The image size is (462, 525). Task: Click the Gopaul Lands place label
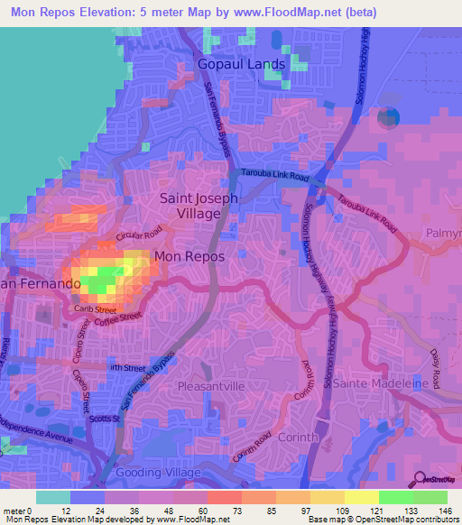click(x=242, y=64)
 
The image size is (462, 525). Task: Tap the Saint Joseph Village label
click(x=199, y=206)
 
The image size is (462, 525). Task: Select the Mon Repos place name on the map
click(x=189, y=256)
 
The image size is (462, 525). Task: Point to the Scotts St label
click(x=106, y=418)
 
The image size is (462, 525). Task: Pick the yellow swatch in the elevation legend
click(x=362, y=497)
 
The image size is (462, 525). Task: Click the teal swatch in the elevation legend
click(x=53, y=497)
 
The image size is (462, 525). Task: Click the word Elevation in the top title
click(x=116, y=12)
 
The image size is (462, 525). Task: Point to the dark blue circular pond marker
click(x=389, y=115)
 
